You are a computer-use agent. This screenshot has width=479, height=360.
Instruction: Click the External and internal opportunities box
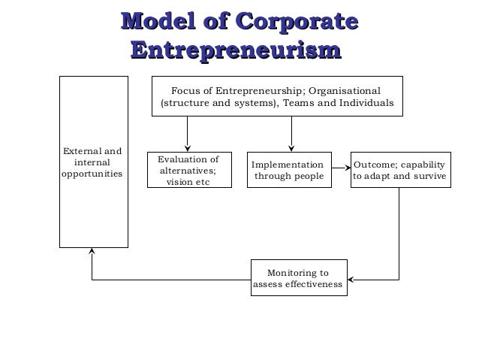coord(94,162)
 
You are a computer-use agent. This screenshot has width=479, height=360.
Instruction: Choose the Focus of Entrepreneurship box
coord(276,96)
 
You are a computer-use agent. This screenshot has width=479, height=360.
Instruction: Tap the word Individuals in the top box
coord(367,104)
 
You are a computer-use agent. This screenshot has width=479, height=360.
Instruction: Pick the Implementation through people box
coord(290,170)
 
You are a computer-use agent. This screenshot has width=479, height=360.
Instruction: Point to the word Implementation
coord(288,164)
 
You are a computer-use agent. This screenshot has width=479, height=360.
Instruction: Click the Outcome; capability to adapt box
coord(399,170)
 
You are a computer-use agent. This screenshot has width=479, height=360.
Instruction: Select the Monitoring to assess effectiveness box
coord(298,278)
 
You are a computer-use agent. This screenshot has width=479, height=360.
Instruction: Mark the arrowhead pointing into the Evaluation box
coord(188,147)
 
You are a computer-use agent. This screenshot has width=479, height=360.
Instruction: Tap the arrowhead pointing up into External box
coord(92,253)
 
